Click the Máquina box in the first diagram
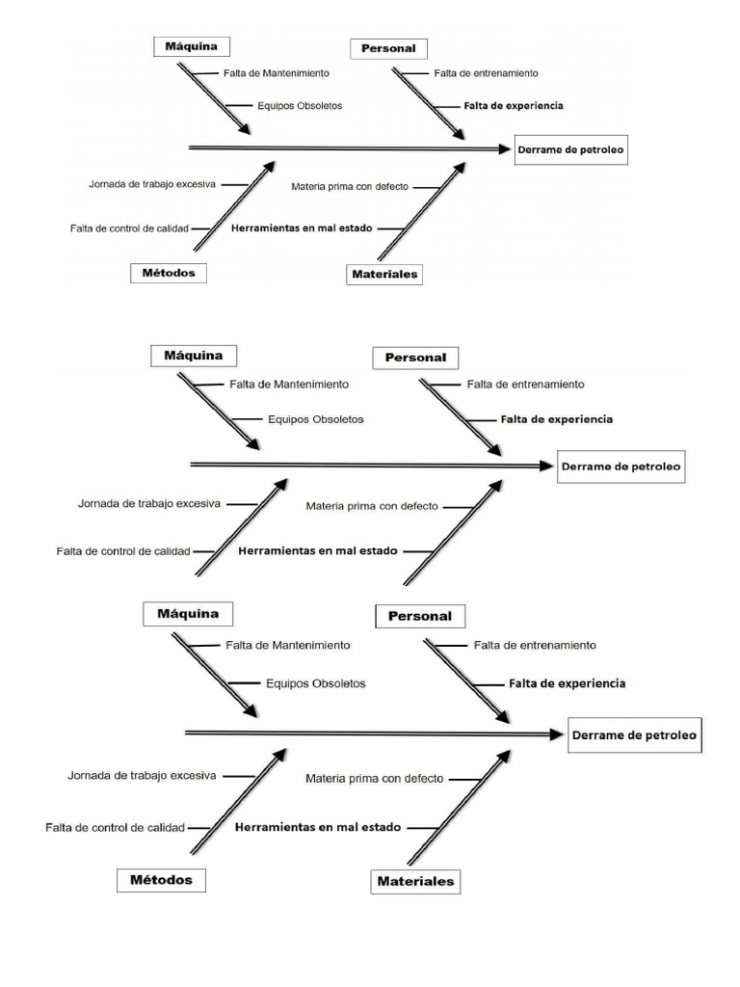point(192,46)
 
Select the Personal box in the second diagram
point(415,358)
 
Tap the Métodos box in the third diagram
point(161,880)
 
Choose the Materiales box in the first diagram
point(384,275)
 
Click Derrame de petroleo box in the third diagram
point(634,734)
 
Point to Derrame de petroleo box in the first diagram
point(570,149)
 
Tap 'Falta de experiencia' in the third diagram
point(567,683)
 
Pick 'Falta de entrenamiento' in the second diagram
point(525,384)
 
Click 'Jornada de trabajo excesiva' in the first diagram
point(151,183)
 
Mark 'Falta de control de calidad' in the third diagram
point(114,827)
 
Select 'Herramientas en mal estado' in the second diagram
point(317,551)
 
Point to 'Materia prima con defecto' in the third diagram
point(375,779)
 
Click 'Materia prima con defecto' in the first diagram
point(350,186)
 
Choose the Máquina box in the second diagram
point(193,356)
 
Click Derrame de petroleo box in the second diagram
point(621,467)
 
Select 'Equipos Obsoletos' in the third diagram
point(315,683)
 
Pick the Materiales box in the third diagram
point(415,881)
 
